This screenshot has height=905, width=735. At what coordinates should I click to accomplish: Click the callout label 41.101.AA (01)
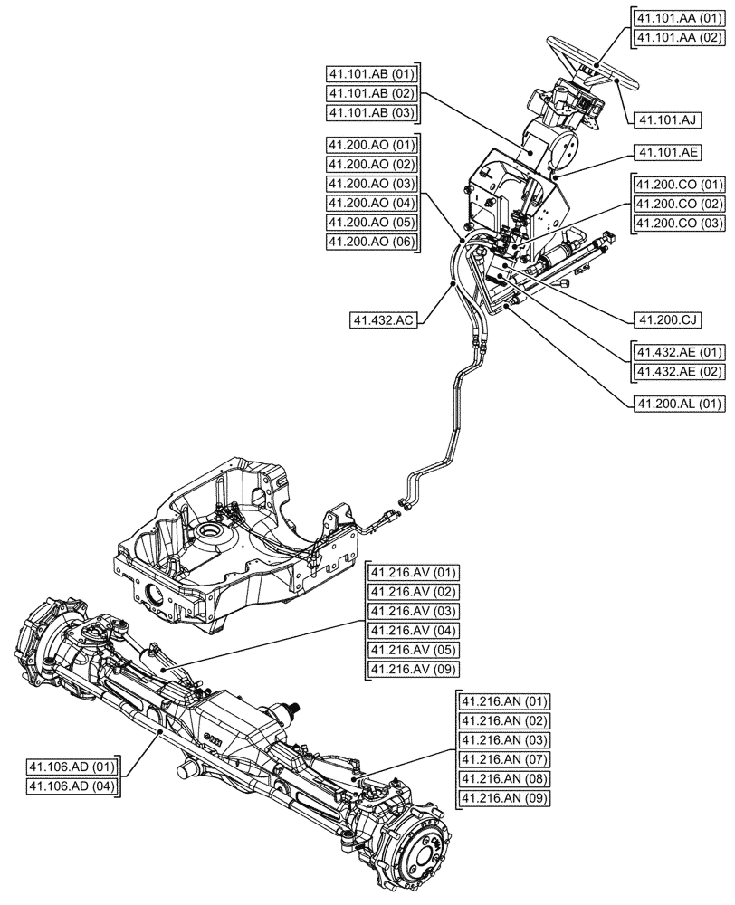(678, 18)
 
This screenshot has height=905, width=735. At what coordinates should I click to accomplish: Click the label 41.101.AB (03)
(371, 113)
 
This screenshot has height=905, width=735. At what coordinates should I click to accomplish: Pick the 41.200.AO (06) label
(371, 242)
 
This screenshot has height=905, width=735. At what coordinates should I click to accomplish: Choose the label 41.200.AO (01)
(371, 145)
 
